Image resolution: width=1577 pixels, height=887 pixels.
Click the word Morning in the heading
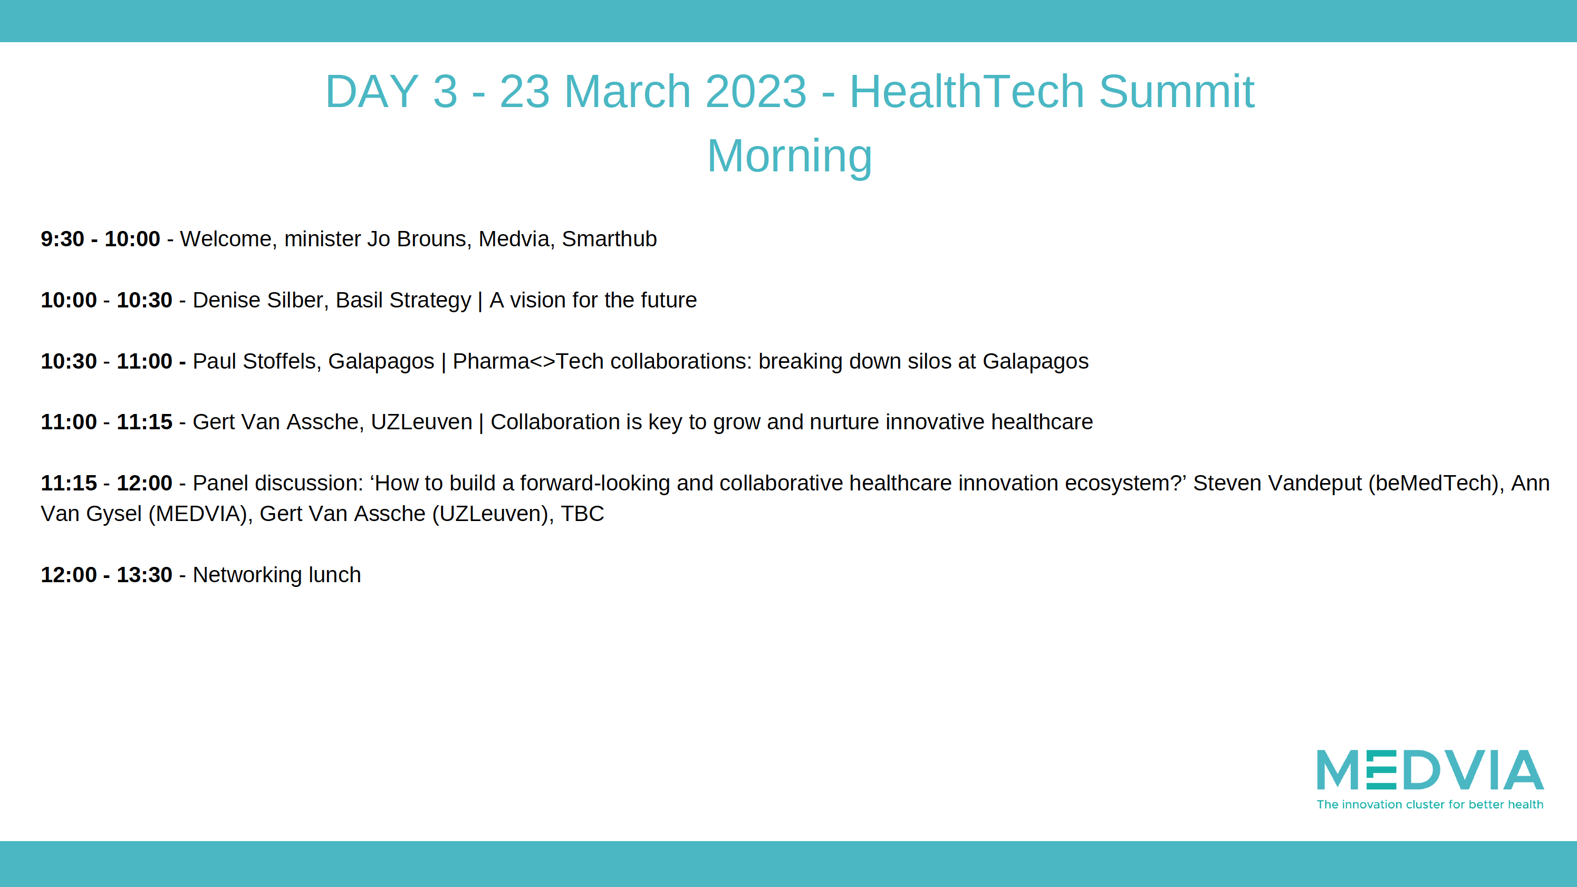click(x=789, y=157)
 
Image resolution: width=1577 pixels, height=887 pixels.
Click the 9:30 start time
click(x=62, y=239)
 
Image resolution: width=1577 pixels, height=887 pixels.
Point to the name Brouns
click(x=431, y=239)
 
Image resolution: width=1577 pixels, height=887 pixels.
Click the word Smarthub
click(x=609, y=239)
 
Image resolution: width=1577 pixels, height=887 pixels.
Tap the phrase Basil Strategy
click(x=403, y=301)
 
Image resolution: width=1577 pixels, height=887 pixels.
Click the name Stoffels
click(x=279, y=361)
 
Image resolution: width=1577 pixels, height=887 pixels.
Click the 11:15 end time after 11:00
click(x=145, y=422)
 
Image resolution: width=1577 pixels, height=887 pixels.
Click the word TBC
click(x=582, y=514)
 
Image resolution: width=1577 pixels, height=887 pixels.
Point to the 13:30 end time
click(x=145, y=575)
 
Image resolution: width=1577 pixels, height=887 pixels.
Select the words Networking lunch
click(x=277, y=575)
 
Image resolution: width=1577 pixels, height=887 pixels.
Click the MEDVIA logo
click(x=1430, y=779)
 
